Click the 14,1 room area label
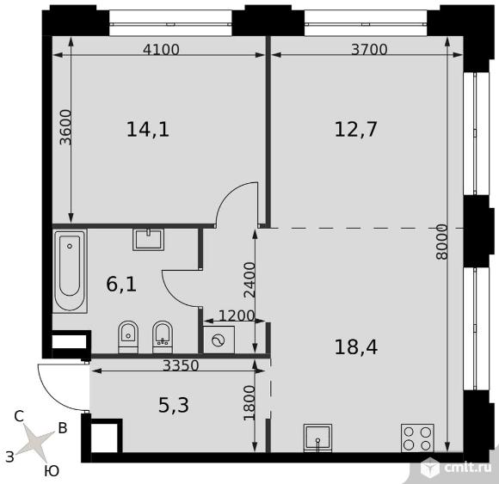[148, 130]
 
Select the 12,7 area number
[356, 130]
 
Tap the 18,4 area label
[356, 347]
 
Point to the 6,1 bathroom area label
[121, 285]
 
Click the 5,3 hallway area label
[174, 406]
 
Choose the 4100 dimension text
[162, 50]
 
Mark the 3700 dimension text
[369, 50]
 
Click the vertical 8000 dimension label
[442, 242]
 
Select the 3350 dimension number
[181, 365]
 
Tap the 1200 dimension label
[237, 316]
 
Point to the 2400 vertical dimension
[249, 280]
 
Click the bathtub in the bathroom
[70, 271]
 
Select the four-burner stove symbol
[417, 438]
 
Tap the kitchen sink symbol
[318, 438]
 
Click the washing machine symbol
[219, 340]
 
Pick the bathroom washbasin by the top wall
[149, 239]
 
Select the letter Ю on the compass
[52, 471]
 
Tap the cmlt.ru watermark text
[468, 468]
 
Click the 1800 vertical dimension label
[249, 403]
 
